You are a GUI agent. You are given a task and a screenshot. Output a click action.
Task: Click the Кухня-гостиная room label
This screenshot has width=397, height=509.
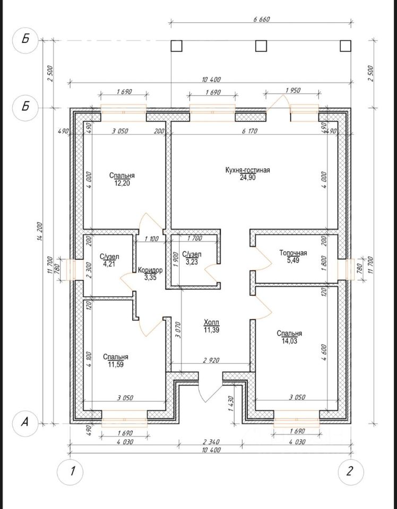(x=247, y=170)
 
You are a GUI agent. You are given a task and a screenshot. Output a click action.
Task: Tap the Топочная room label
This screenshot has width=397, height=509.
(x=293, y=253)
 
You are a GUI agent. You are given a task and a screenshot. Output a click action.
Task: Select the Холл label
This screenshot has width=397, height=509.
(x=211, y=323)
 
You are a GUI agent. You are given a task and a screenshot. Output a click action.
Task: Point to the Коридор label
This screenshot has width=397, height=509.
(x=150, y=270)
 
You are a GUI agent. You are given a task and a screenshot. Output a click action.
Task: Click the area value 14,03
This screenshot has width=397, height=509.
(x=289, y=341)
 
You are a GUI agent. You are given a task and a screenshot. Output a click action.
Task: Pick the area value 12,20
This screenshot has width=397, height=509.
(x=122, y=183)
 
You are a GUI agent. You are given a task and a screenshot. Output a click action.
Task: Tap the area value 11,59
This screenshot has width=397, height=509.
(x=116, y=364)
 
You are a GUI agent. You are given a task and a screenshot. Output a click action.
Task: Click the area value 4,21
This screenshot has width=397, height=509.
(x=109, y=264)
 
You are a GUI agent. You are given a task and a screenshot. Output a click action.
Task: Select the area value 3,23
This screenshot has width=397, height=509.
(x=192, y=261)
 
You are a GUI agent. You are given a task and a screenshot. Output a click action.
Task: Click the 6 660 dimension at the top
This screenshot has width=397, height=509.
(x=262, y=19)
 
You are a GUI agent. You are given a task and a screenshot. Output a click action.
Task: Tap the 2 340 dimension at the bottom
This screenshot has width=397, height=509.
(x=211, y=442)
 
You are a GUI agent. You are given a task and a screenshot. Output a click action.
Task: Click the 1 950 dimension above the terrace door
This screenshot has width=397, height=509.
(x=293, y=90)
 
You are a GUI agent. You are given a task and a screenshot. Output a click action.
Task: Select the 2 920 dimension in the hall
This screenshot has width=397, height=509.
(x=211, y=360)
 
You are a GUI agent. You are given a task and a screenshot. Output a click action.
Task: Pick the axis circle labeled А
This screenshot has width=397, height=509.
(x=25, y=423)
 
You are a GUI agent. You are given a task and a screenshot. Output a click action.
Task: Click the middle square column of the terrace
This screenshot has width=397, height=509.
(x=261, y=46)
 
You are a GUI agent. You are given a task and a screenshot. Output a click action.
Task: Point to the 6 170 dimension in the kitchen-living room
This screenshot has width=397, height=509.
(x=249, y=131)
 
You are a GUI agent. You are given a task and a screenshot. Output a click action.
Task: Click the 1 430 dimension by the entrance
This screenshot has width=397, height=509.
(x=231, y=403)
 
